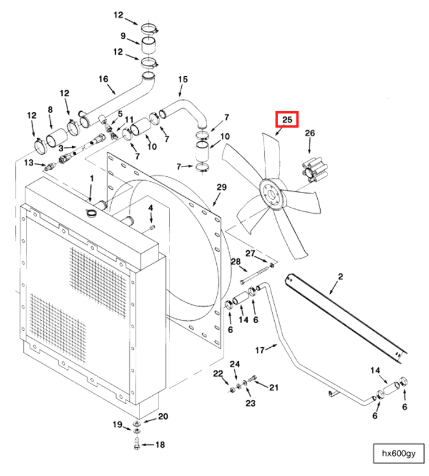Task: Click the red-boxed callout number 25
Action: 287,120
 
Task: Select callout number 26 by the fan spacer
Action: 310,133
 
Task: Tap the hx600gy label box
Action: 398,454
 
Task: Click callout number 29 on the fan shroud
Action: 221,187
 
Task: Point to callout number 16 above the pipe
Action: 103,79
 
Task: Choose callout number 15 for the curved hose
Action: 182,79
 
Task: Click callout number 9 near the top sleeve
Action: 122,36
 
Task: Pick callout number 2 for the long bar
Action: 340,276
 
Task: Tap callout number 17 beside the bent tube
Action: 260,350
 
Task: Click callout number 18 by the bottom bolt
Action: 160,445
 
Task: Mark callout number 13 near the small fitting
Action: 29,163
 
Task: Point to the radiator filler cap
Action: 91,213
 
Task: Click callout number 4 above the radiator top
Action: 151,208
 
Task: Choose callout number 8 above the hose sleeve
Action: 50,110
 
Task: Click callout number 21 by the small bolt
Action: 274,387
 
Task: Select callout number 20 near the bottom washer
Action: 163,417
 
